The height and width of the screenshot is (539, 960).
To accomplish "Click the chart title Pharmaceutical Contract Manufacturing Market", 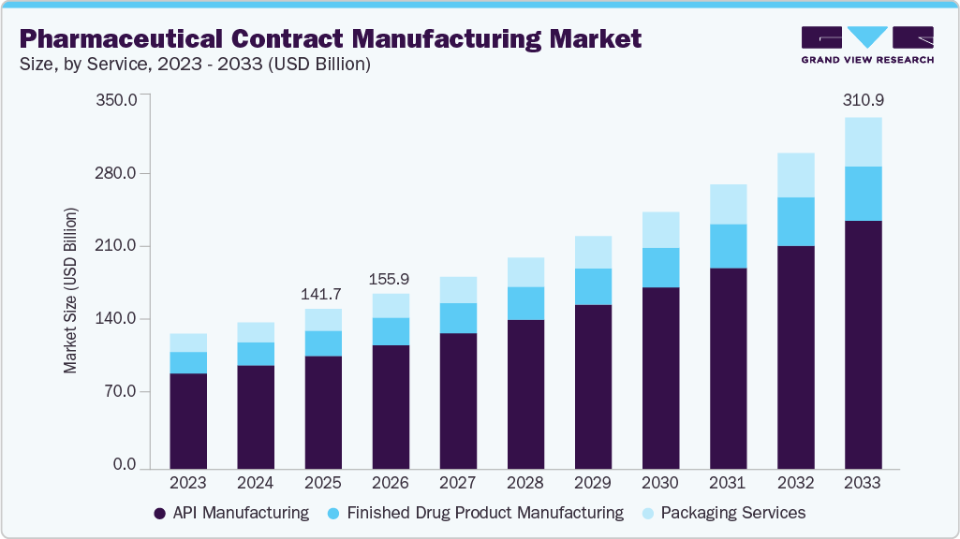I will click(x=331, y=38).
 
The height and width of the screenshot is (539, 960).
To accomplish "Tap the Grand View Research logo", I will click(x=866, y=44).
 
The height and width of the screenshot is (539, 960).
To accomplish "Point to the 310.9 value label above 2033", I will click(x=863, y=98).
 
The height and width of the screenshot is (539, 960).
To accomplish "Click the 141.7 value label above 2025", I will click(x=323, y=295).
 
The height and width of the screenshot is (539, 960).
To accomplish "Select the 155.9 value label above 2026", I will click(x=391, y=279).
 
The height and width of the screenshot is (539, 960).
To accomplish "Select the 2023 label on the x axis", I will click(x=188, y=483).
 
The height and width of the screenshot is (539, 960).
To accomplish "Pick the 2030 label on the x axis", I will click(x=660, y=483).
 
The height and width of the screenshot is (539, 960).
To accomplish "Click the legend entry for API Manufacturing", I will click(x=230, y=513).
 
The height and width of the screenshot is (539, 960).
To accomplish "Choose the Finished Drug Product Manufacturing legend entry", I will click(x=475, y=513).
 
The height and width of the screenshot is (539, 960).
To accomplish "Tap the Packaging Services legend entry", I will click(x=723, y=513).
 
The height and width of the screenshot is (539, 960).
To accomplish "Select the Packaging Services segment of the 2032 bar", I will click(x=795, y=175).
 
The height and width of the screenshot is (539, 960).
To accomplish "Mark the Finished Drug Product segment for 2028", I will click(x=525, y=303).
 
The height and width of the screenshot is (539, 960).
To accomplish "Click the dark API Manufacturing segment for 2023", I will click(x=188, y=420).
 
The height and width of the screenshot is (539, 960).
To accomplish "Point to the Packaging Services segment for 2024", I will click(x=256, y=332).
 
